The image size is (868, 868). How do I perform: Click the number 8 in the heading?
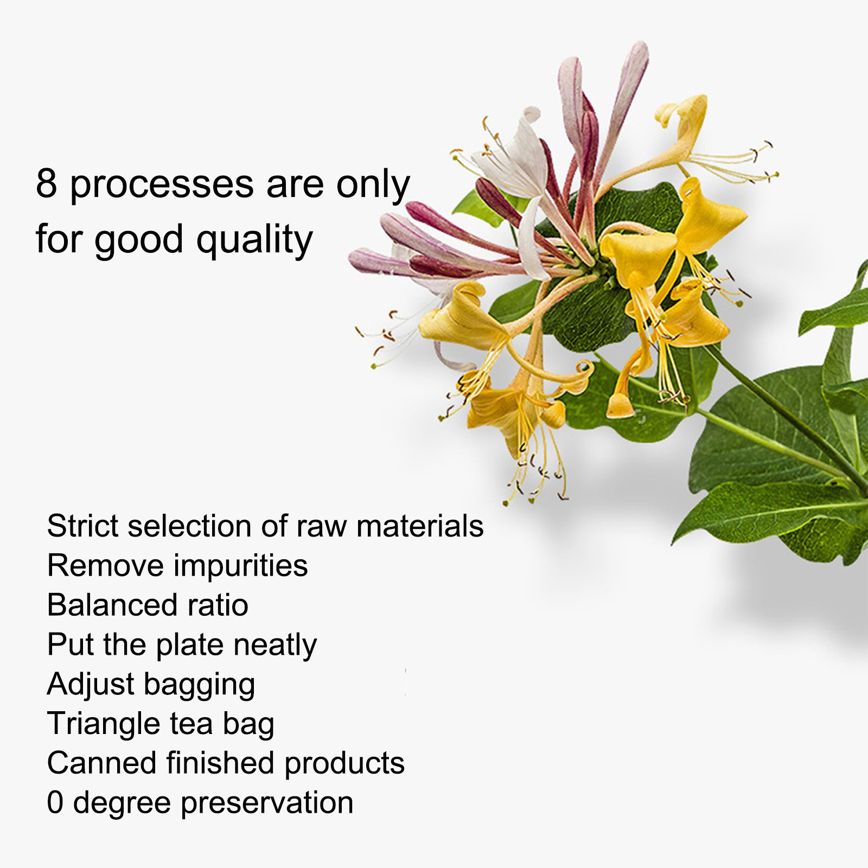tap(47, 183)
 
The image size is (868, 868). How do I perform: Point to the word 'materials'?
tap(420, 526)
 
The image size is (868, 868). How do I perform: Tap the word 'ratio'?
tap(218, 605)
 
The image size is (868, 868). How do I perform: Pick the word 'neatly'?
tap(275, 646)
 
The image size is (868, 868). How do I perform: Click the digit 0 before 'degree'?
tap(55, 802)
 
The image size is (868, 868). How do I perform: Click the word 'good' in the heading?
tap(139, 241)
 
